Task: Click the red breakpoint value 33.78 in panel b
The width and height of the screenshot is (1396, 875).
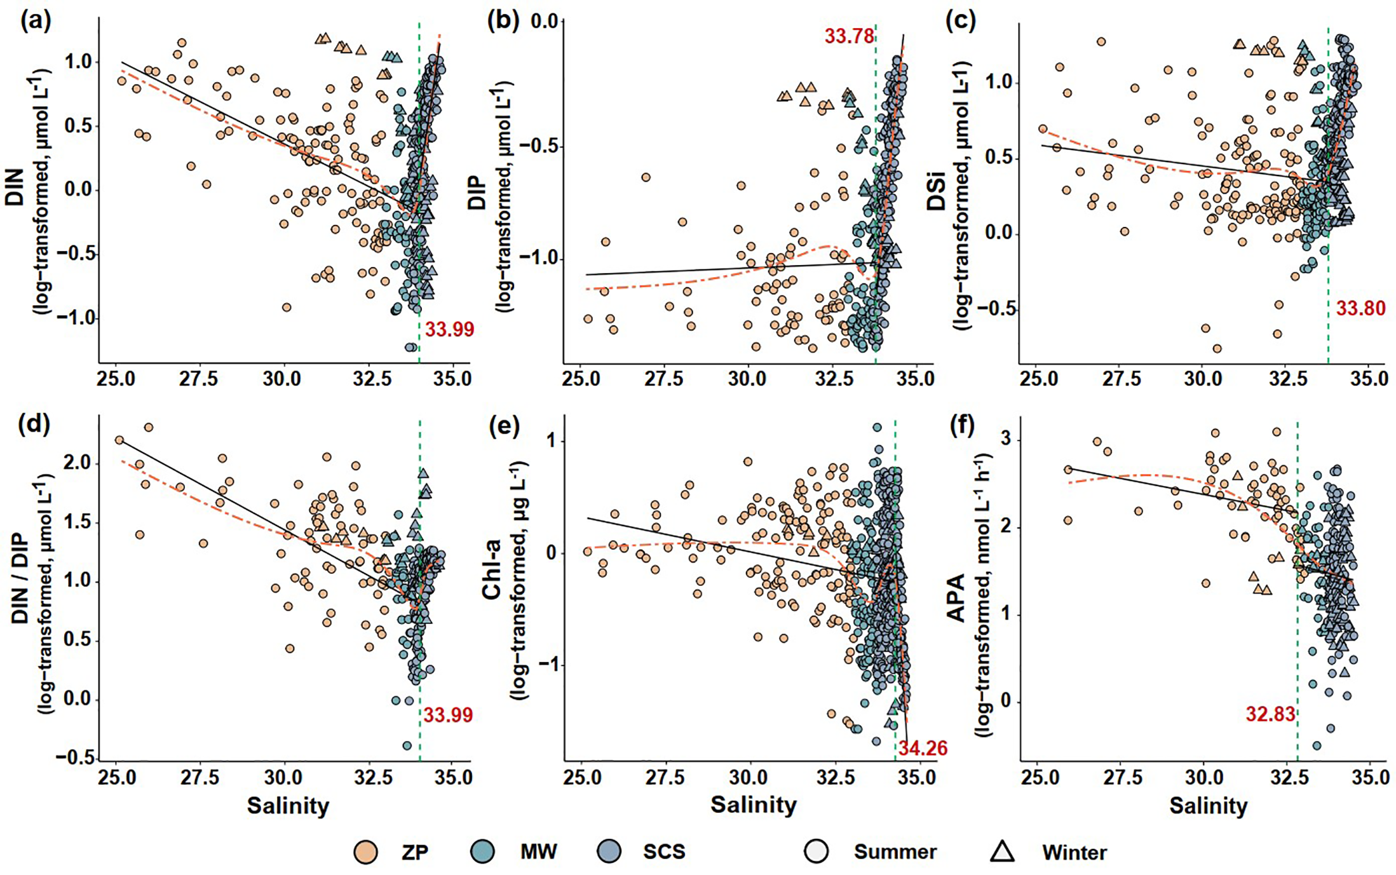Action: [x=849, y=36]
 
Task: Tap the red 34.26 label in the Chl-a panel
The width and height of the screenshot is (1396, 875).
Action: [x=923, y=749]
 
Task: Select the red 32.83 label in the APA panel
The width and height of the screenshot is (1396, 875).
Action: [x=1270, y=715]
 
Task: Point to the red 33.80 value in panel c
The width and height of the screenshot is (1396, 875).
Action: [x=1360, y=309]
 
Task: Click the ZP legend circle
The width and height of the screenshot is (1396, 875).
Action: [x=365, y=851]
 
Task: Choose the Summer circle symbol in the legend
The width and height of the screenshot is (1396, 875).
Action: [x=816, y=851]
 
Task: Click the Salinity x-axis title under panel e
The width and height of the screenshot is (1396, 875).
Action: [x=753, y=805]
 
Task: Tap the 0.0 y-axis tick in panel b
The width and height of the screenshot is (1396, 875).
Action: [x=544, y=22]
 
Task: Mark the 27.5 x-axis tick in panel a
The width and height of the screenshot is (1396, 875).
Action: [x=199, y=379]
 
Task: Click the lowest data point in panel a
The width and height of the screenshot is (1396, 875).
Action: [x=411, y=347]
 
